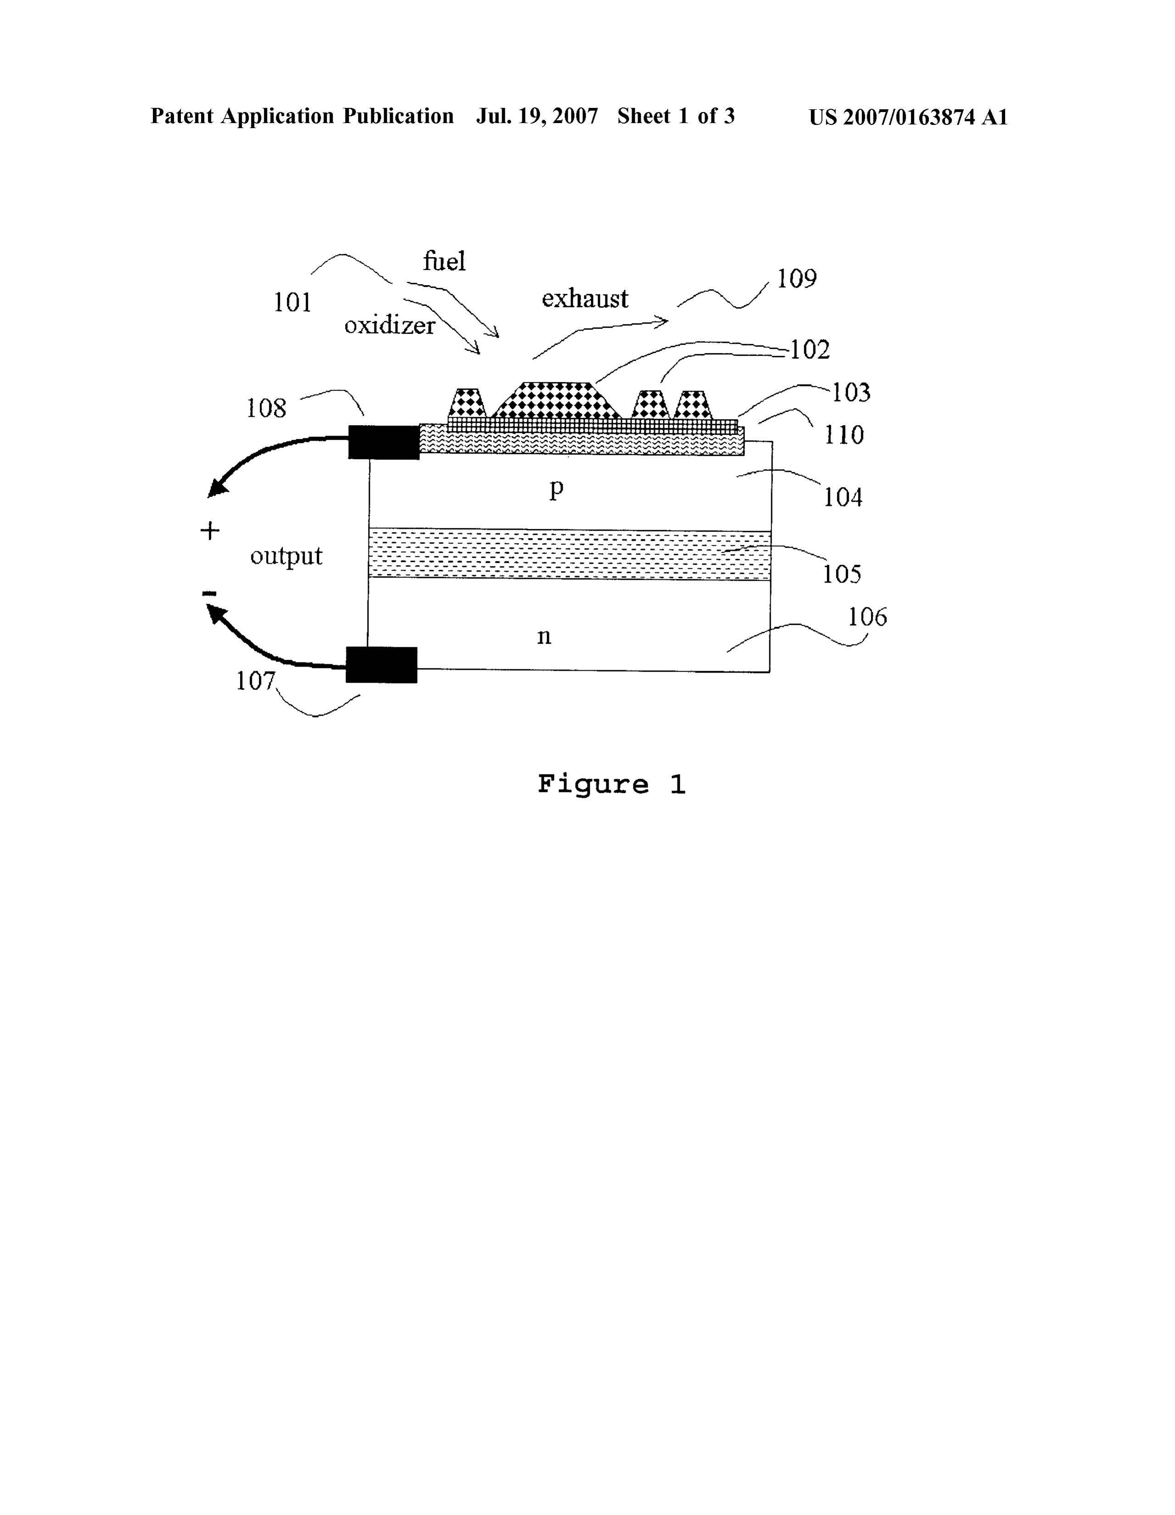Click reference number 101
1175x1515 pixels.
click(x=292, y=303)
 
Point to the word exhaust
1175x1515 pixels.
click(x=585, y=298)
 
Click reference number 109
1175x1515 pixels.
click(x=796, y=279)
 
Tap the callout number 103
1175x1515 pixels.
click(x=851, y=393)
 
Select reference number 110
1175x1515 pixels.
click(x=844, y=435)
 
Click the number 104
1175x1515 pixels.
click(x=843, y=497)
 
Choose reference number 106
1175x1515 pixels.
click(x=867, y=617)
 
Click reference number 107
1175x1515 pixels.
click(x=256, y=681)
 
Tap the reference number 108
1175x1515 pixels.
click(x=266, y=408)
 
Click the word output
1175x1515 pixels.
click(x=286, y=555)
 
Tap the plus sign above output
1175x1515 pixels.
click(x=209, y=531)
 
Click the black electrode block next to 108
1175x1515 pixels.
click(x=384, y=442)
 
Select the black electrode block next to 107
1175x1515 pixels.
click(x=381, y=665)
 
